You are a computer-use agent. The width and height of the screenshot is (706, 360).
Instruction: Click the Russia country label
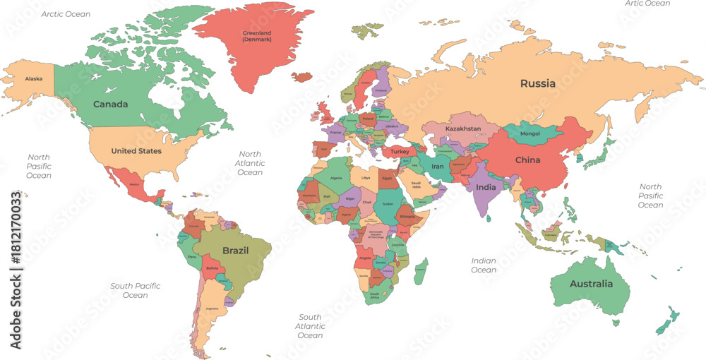click(x=538, y=83)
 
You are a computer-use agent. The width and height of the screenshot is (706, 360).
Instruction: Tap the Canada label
click(x=111, y=104)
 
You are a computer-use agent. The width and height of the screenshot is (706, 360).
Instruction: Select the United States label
click(x=136, y=151)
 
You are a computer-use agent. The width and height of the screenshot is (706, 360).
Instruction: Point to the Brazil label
click(x=235, y=251)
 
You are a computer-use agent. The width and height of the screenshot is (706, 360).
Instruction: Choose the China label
click(x=527, y=160)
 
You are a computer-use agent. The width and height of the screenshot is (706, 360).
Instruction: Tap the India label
click(x=486, y=187)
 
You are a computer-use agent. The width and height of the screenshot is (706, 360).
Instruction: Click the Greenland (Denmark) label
click(x=256, y=36)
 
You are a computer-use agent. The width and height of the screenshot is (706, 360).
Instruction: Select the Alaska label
click(x=34, y=79)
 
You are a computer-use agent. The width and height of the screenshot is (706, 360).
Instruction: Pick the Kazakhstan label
click(x=463, y=129)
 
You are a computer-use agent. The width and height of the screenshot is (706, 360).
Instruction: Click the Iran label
click(x=438, y=167)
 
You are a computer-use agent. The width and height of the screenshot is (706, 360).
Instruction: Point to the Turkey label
click(x=400, y=152)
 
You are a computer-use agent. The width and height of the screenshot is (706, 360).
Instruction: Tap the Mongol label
click(x=530, y=133)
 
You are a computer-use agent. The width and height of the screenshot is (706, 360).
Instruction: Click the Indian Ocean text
click(x=484, y=265)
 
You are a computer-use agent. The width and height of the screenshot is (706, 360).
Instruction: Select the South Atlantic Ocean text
click(x=310, y=326)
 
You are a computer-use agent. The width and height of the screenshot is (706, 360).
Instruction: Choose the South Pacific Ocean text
click(x=136, y=290)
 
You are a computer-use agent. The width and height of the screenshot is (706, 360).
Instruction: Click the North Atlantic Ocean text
click(x=250, y=163)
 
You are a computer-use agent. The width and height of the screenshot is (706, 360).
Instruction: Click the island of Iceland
click(x=303, y=76)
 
